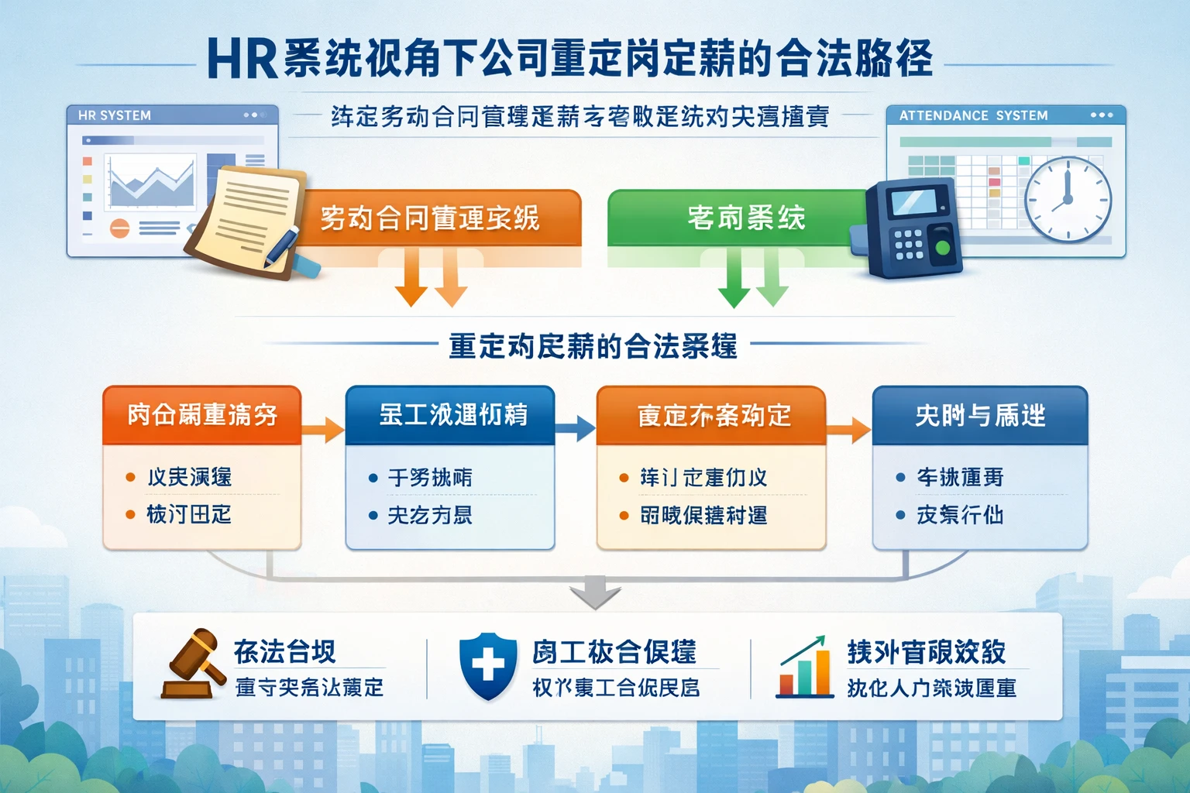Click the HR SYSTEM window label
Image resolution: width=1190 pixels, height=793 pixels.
pyautogui.click(x=115, y=115)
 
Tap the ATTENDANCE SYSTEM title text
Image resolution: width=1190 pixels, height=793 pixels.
pyautogui.click(x=973, y=115)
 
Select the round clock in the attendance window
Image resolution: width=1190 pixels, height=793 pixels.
pyautogui.click(x=1068, y=198)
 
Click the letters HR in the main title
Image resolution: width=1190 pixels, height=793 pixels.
pyautogui.click(x=242, y=59)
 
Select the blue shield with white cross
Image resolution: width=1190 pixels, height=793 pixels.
pyautogui.click(x=488, y=665)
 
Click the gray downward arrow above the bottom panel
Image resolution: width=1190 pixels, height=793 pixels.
pyautogui.click(x=595, y=593)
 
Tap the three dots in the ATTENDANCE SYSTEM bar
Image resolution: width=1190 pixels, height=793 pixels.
pyautogui.click(x=1101, y=115)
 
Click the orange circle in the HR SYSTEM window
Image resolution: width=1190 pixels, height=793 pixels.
pyautogui.click(x=119, y=228)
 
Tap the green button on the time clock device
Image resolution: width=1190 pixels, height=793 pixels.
pyautogui.click(x=942, y=248)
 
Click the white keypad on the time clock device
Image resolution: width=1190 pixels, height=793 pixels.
pyautogui.click(x=908, y=243)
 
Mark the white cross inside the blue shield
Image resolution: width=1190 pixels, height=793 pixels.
pyautogui.click(x=488, y=664)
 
